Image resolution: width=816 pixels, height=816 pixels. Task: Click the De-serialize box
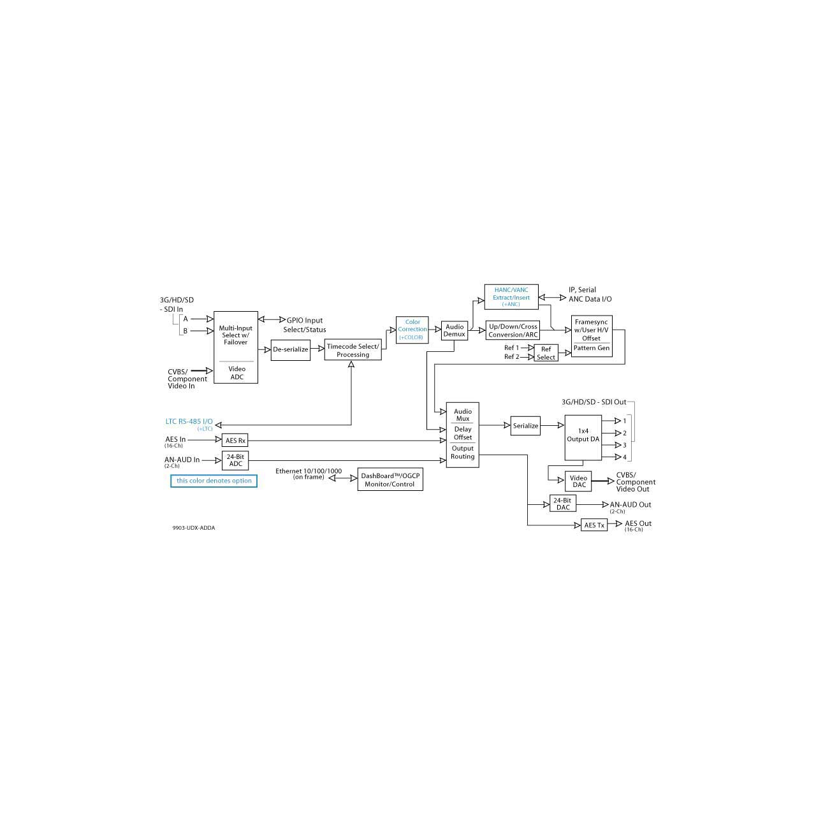coord(290,350)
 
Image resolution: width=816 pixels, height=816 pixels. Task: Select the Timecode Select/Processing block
coord(353,350)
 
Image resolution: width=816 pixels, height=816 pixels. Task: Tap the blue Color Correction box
coord(412,330)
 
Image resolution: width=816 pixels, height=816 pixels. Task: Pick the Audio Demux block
coord(455,330)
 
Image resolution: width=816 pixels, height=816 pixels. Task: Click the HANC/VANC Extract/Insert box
coord(511,297)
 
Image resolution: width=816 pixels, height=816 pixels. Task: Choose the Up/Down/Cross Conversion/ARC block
coord(513,330)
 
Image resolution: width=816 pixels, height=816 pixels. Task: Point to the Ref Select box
coord(546,353)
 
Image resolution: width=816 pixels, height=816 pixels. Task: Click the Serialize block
coord(525,426)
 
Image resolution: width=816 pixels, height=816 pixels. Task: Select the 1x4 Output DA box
coord(583,437)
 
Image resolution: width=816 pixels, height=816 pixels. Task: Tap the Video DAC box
coord(578,481)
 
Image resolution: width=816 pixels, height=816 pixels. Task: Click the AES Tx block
coord(594,525)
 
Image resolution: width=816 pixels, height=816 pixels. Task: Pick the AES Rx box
coord(235,441)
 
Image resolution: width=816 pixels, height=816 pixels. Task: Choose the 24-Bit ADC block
coord(235,460)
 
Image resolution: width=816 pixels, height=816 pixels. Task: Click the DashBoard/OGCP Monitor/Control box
coord(390,479)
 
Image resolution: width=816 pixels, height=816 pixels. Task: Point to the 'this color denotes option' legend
coord(214,481)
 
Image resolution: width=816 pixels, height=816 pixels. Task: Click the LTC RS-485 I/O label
coord(189,422)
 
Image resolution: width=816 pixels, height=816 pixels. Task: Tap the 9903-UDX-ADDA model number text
coord(194,528)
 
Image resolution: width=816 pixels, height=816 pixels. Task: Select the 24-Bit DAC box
coord(562,504)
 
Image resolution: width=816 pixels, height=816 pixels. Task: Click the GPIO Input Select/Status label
coord(305,325)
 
